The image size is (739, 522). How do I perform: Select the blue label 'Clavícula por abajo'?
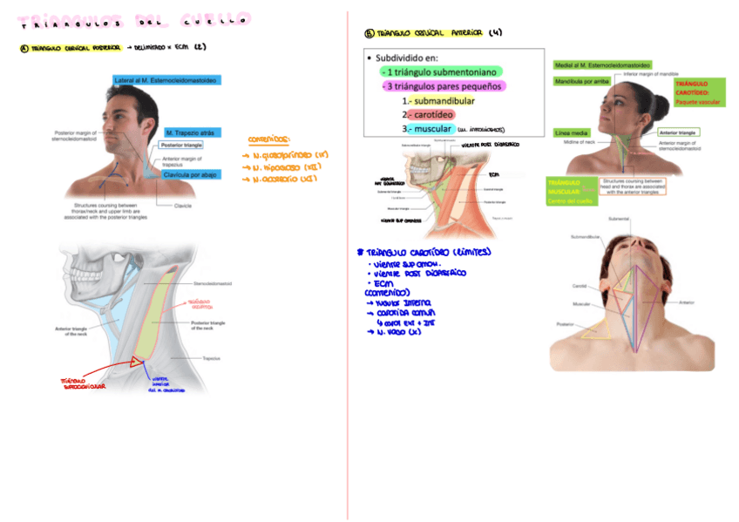192,174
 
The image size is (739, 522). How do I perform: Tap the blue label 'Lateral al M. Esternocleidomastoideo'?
166,80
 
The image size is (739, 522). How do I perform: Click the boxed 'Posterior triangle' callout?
183,145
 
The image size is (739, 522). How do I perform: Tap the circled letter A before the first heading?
24,49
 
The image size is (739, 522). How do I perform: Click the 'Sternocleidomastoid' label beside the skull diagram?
212,283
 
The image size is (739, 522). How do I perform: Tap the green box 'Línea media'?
571,132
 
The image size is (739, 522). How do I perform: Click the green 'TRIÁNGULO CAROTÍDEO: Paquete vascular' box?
697,93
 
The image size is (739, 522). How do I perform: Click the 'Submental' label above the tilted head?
620,219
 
